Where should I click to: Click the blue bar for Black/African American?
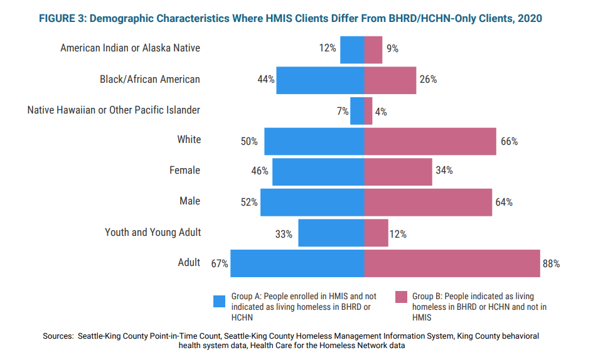pyautogui.click(x=320, y=80)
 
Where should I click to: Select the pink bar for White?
pyautogui.click(x=430, y=141)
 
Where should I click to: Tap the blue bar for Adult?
pyautogui.click(x=297, y=263)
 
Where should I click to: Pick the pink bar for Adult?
pyautogui.click(x=452, y=263)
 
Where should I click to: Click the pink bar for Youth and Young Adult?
pyautogui.click(x=377, y=233)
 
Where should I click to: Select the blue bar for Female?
pyautogui.click(x=318, y=172)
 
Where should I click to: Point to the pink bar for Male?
pyautogui.click(x=428, y=203)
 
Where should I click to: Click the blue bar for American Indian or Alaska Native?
pyautogui.click(x=352, y=50)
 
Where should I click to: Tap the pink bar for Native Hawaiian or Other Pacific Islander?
pyautogui.click(x=368, y=111)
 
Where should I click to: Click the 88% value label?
pyautogui.click(x=551, y=264)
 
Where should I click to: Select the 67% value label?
pyautogui.click(x=220, y=264)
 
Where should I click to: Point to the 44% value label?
pyautogui.click(x=266, y=80)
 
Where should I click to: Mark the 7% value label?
pyautogui.click(x=342, y=112)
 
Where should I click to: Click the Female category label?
pyautogui.click(x=184, y=171)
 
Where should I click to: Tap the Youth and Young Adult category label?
pyautogui.click(x=152, y=232)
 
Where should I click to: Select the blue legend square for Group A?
pyautogui.click(x=219, y=301)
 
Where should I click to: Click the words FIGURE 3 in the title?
pyautogui.click(x=62, y=19)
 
